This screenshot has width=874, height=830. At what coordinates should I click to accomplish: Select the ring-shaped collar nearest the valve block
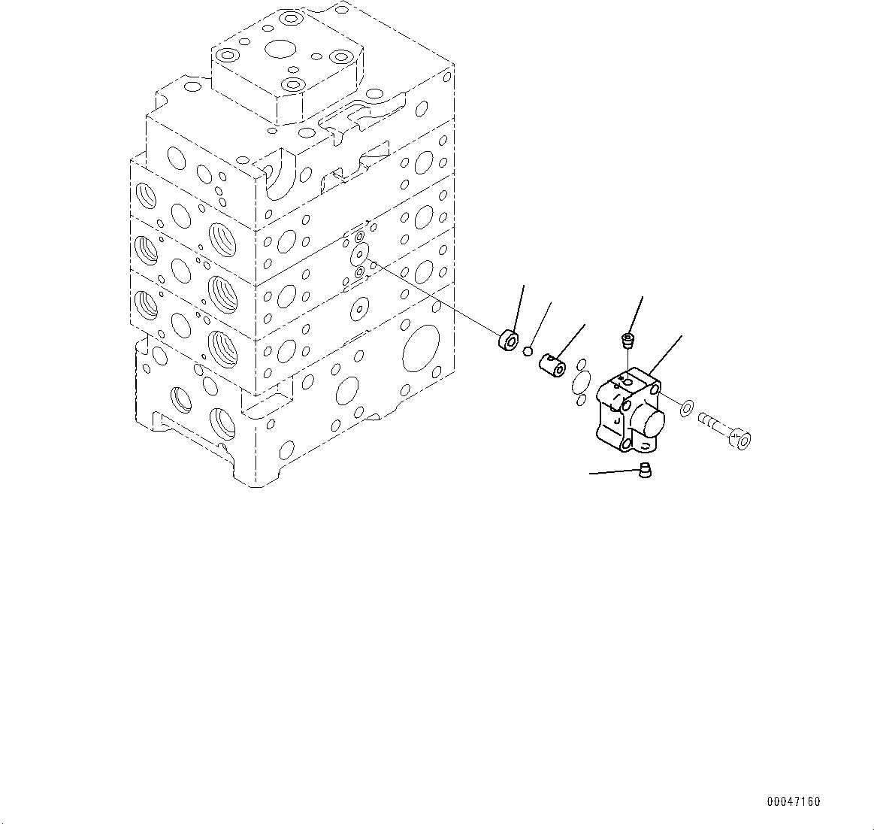[507, 341]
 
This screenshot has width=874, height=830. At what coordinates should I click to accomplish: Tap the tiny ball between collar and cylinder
[529, 350]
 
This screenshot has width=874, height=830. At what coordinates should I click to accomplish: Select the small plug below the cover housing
[644, 471]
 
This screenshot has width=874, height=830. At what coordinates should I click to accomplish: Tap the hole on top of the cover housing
[626, 383]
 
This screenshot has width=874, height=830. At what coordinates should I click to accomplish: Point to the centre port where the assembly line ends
[360, 253]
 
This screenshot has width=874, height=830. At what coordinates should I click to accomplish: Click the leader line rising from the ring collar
[517, 308]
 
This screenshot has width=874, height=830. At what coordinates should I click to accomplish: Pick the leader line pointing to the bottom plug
[612, 473]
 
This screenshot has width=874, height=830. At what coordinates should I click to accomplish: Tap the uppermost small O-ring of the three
[579, 364]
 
